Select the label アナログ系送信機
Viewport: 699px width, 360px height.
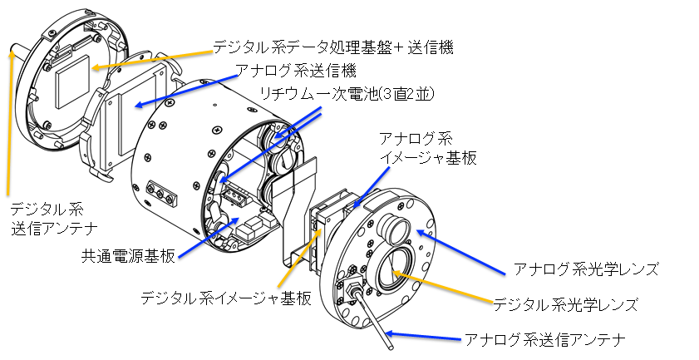[295, 71]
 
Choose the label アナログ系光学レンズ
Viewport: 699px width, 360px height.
[586, 269]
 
